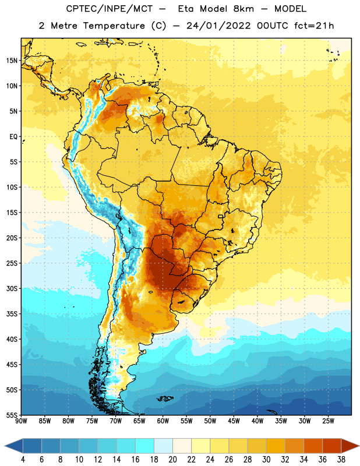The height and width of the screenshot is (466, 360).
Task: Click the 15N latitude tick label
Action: point(12,61)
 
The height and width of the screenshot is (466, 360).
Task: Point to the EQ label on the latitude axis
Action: point(13,137)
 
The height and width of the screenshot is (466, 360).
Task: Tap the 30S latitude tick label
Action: point(12,288)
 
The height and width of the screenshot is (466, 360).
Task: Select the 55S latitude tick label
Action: point(12,415)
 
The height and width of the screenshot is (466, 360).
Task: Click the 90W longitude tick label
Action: point(21,421)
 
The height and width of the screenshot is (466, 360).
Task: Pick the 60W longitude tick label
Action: point(163,421)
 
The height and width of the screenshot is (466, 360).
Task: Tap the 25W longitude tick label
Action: point(328,421)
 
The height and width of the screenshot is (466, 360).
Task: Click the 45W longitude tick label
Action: point(234,421)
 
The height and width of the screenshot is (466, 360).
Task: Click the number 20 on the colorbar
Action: point(172,460)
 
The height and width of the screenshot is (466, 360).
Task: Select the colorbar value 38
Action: point(341,460)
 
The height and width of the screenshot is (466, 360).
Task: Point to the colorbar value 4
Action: point(23,460)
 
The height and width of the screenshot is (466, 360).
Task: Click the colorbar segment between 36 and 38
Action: point(332,446)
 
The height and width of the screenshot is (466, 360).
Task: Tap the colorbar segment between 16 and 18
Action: point(145,446)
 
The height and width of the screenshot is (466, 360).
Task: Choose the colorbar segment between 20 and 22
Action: point(182,446)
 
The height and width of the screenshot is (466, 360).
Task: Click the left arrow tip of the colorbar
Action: point(5,446)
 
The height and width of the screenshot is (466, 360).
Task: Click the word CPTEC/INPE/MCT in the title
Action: point(109,9)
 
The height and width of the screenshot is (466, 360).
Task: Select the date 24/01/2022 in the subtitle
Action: point(218,26)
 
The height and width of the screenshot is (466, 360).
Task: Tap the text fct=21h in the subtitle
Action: point(314,26)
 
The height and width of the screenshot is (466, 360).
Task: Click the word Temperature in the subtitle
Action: point(114,26)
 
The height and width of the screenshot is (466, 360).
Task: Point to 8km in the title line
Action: point(243,9)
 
